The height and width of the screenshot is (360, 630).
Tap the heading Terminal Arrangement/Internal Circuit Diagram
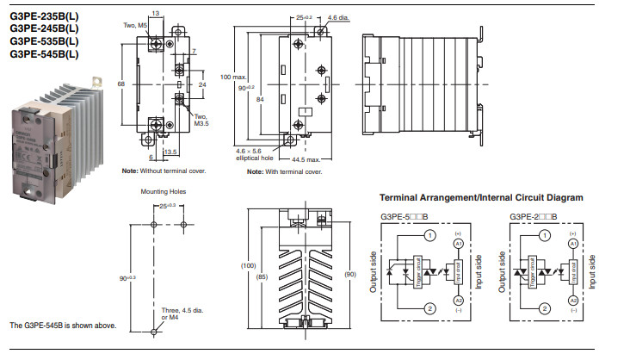point(481,197)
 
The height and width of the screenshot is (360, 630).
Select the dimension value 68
point(121,84)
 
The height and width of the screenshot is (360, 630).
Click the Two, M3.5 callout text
point(201,120)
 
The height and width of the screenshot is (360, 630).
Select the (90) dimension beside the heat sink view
point(349,274)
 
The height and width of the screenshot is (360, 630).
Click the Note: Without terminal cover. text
point(164,171)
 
